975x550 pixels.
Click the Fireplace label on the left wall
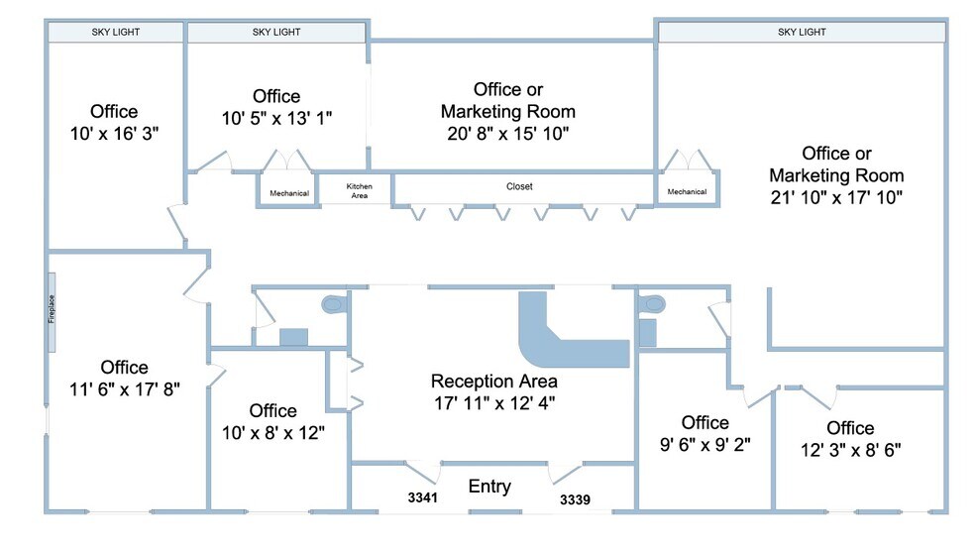52,309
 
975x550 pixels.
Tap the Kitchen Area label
360,191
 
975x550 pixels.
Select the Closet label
519,186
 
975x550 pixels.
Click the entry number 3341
423,497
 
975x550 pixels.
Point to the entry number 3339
575,499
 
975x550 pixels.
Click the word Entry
490,486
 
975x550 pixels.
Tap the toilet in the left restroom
333,304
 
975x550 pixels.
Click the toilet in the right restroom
652,305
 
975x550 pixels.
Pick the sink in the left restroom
293,337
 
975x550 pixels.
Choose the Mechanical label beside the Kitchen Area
289,193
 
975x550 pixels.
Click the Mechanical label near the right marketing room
687,191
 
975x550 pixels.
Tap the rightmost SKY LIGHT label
803,32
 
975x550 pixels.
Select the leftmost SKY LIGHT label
116,32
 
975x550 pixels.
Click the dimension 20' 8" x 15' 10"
508,133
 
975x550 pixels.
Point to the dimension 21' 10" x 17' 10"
836,197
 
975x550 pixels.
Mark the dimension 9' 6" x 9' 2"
705,444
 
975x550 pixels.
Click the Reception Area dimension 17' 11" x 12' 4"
494,402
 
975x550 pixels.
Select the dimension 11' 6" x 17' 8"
125,388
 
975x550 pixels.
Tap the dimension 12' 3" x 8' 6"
850,449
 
